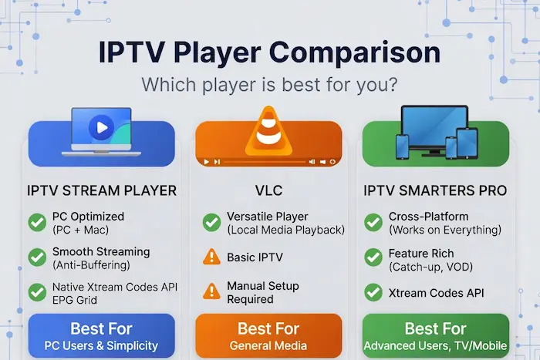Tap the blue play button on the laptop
point(100,127)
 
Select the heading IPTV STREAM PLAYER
point(102,190)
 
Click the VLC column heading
point(269,190)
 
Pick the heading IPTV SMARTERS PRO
point(436,190)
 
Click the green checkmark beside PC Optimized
point(36,223)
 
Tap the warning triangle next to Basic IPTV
point(211,257)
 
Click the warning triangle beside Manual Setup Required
point(211,292)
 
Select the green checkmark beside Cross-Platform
point(373,223)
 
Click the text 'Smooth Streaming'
point(101,251)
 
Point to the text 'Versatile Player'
point(268,217)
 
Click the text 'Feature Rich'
point(421,252)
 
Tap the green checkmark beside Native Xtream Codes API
point(36,292)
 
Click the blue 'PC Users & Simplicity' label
point(102,345)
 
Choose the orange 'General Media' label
point(269,345)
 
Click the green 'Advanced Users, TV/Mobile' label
point(436,345)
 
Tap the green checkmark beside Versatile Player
point(211,223)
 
